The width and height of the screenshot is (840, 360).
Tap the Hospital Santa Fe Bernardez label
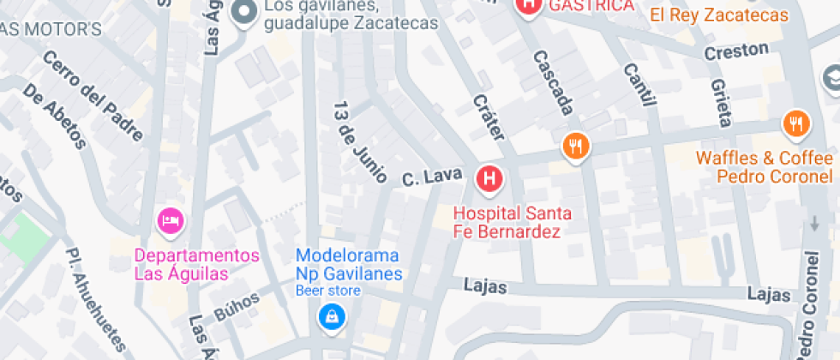[x=513, y=223]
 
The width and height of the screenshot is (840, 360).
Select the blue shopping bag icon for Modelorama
[x=331, y=317]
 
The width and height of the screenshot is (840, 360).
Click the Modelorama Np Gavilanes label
[x=349, y=265]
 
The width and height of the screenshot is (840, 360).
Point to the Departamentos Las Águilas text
[x=196, y=265]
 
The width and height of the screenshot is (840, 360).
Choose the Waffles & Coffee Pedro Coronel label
[x=764, y=167]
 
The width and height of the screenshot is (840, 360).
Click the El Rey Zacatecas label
[x=718, y=15]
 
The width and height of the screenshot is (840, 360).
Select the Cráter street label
[x=489, y=117]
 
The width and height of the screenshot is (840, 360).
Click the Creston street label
[x=736, y=51]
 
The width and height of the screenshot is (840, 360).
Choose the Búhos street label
[x=237, y=304]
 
